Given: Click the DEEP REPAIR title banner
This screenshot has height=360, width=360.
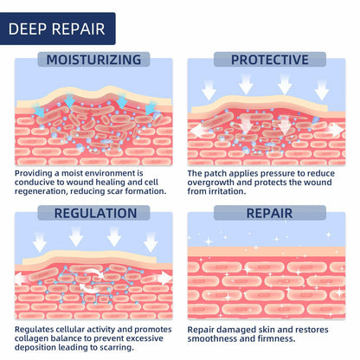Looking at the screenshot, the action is (x=57, y=29).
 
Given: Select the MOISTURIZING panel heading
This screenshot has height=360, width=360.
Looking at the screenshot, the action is (x=93, y=60).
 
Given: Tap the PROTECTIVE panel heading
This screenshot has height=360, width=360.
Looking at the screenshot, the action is (x=270, y=60).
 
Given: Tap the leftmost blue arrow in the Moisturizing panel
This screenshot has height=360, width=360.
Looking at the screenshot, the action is (x=39, y=111).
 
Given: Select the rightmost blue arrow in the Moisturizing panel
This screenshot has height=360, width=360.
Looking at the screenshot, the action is (x=150, y=107).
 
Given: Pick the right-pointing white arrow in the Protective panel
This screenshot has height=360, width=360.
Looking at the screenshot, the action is (x=335, y=130).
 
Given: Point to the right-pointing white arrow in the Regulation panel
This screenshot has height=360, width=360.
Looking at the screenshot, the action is (x=164, y=278).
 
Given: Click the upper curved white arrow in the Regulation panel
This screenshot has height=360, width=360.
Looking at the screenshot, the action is (x=95, y=273).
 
